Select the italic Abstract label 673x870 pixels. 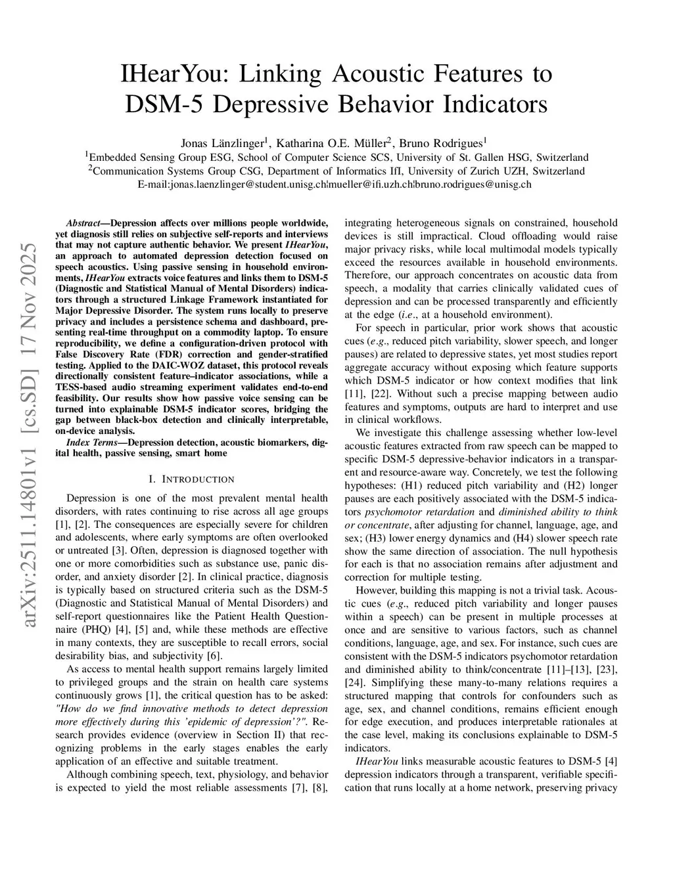82,223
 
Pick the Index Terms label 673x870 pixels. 95,443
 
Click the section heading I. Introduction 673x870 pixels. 191,479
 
